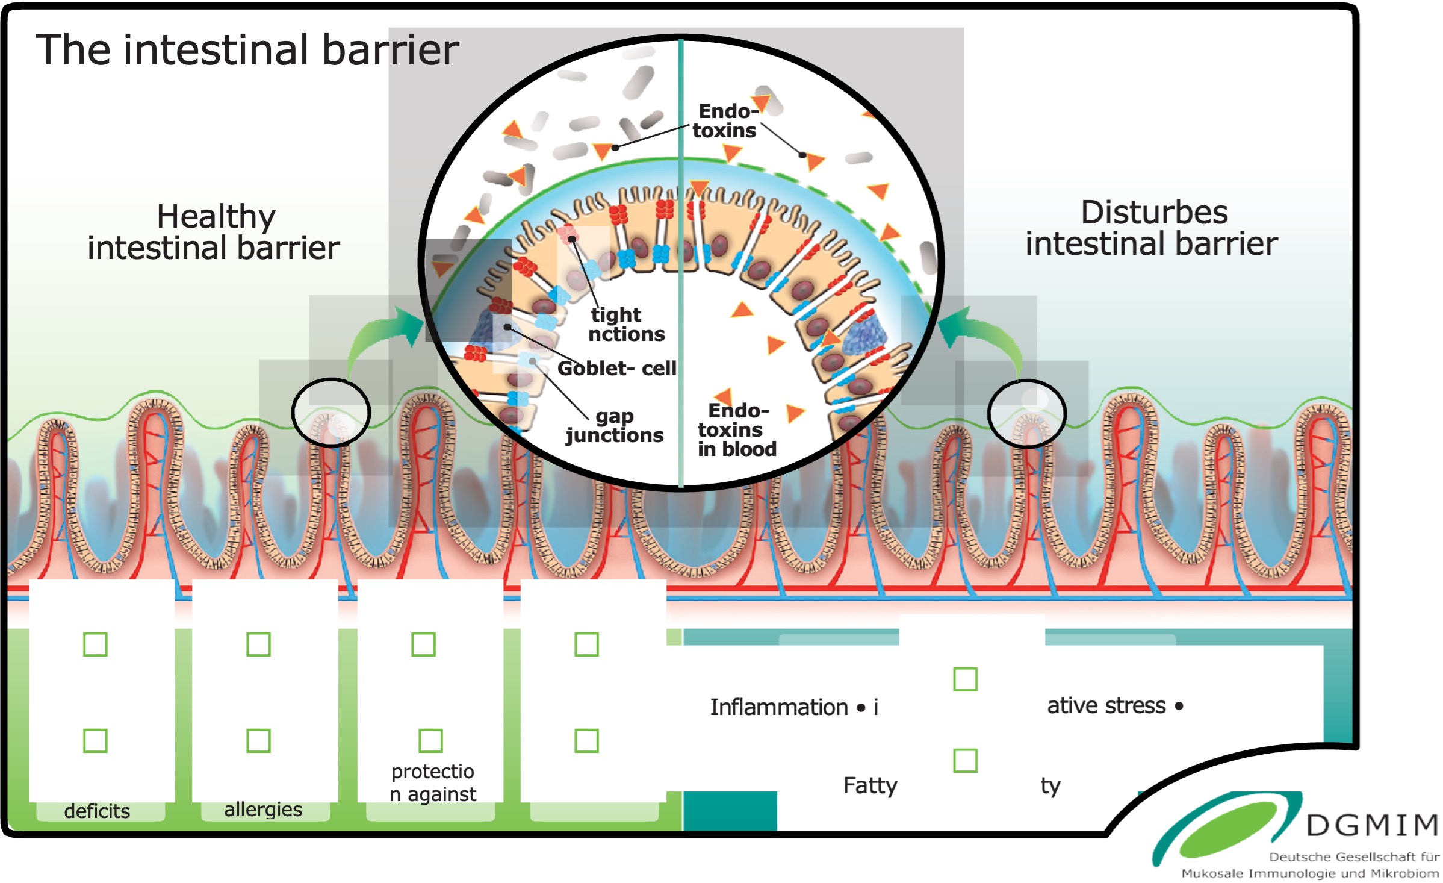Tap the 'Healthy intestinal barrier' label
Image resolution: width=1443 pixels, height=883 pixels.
(214, 232)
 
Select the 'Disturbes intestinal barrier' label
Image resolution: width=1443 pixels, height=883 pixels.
(1151, 228)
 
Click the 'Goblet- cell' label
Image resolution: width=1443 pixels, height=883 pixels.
(616, 368)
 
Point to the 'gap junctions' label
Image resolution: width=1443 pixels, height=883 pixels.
(615, 426)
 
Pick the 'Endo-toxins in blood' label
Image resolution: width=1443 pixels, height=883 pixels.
(736, 429)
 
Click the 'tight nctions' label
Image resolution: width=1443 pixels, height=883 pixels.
(626, 324)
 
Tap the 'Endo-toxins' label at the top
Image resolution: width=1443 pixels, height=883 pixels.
(725, 121)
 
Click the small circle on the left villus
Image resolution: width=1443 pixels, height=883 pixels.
(330, 413)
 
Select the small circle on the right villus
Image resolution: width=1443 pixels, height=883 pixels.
(1026, 414)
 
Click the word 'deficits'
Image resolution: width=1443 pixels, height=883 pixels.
(97, 811)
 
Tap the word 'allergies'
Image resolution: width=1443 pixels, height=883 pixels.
(263, 810)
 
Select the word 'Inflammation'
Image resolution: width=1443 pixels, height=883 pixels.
(778, 707)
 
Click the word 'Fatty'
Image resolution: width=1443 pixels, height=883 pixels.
(870, 785)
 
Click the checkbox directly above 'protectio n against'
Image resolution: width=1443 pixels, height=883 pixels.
(430, 741)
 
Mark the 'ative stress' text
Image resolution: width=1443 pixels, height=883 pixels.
(1106, 705)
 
